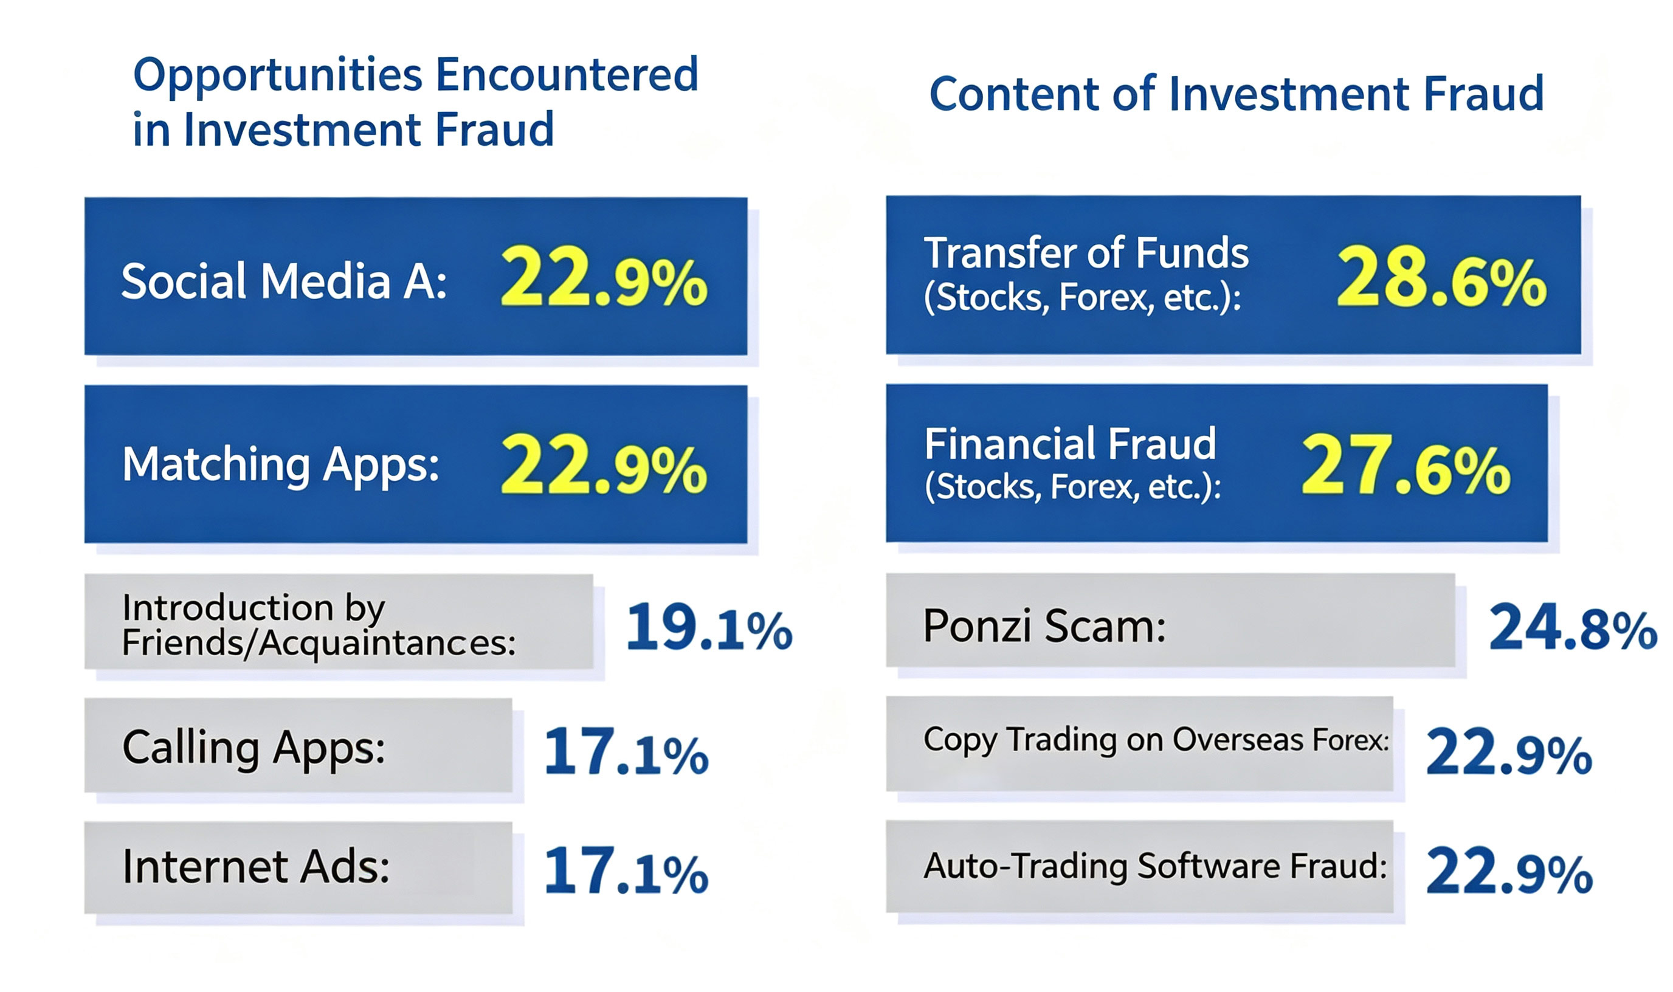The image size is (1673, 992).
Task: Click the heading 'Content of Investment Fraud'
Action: [x=1237, y=94]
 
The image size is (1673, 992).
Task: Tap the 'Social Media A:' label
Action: [x=284, y=281]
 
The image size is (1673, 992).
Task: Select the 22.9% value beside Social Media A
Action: [x=604, y=277]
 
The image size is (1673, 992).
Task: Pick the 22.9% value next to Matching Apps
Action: [x=604, y=464]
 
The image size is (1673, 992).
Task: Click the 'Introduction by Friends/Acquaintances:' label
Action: [x=319, y=625]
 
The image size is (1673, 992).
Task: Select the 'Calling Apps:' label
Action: [x=254, y=747]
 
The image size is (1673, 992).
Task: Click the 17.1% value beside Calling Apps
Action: [x=626, y=752]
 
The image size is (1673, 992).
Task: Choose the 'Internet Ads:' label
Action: [x=256, y=867]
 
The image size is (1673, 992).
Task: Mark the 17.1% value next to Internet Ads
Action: [x=626, y=870]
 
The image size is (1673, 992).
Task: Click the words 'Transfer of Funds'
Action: [x=1086, y=253]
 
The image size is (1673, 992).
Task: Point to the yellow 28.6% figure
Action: [x=1442, y=277]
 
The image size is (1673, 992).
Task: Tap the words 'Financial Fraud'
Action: [x=1070, y=444]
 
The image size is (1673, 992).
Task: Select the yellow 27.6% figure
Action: [x=1406, y=465]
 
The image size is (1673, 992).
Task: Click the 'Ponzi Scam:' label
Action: [x=1044, y=626]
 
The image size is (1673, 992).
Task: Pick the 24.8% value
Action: [x=1573, y=627]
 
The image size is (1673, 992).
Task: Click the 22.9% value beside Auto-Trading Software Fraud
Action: [x=1509, y=870]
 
